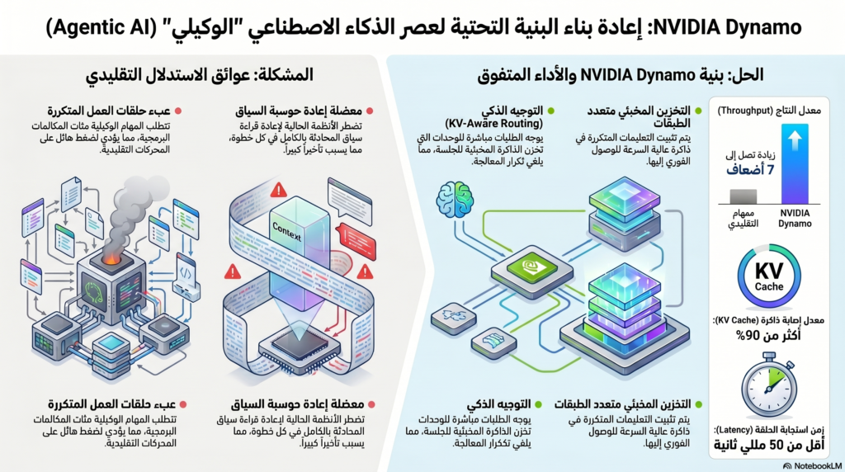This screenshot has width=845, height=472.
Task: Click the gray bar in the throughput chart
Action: [x=743, y=196]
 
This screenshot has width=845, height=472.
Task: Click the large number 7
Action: [x=770, y=170]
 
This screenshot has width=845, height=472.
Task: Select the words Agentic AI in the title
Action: [x=85, y=27]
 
